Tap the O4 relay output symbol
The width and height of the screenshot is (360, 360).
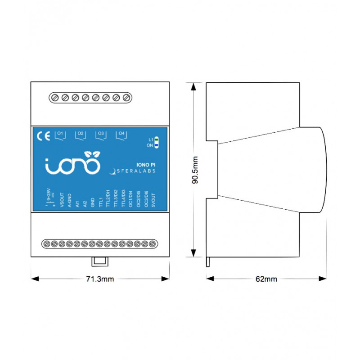pyautogui.click(x=121, y=135)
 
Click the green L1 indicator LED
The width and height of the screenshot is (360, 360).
pyautogui.click(x=156, y=140)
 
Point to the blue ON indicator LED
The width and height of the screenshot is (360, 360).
pyautogui.click(x=156, y=145)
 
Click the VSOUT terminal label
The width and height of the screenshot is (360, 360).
pyautogui.click(x=62, y=198)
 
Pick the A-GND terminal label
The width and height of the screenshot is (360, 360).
pyautogui.click(x=69, y=198)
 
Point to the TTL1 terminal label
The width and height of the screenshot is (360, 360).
pyautogui.click(x=100, y=198)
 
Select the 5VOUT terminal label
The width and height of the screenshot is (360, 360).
pyautogui.click(x=153, y=198)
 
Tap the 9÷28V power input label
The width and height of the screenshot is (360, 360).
pyautogui.click(x=48, y=196)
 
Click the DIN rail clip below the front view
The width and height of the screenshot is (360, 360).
pyautogui.click(x=99, y=261)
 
